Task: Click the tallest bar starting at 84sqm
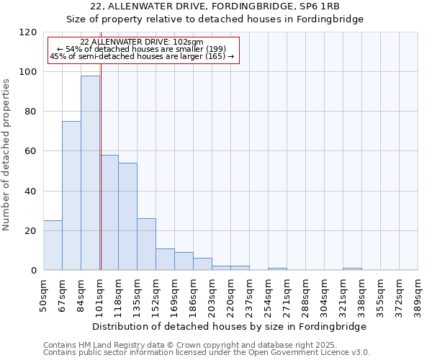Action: coord(90,173)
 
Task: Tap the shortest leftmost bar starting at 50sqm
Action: coord(53,246)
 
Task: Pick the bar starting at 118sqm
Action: coord(127,217)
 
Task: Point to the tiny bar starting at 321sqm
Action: coord(352,269)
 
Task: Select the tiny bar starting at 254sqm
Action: coord(277,269)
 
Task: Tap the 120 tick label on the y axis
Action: coord(28,32)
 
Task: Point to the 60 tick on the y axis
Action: coord(31,151)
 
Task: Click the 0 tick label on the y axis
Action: coord(34,271)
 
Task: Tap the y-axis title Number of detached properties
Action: coord(6,155)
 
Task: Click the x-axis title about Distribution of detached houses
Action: coord(230,326)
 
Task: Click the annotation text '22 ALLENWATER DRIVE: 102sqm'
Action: coord(142,42)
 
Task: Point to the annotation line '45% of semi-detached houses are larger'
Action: coord(142,56)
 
